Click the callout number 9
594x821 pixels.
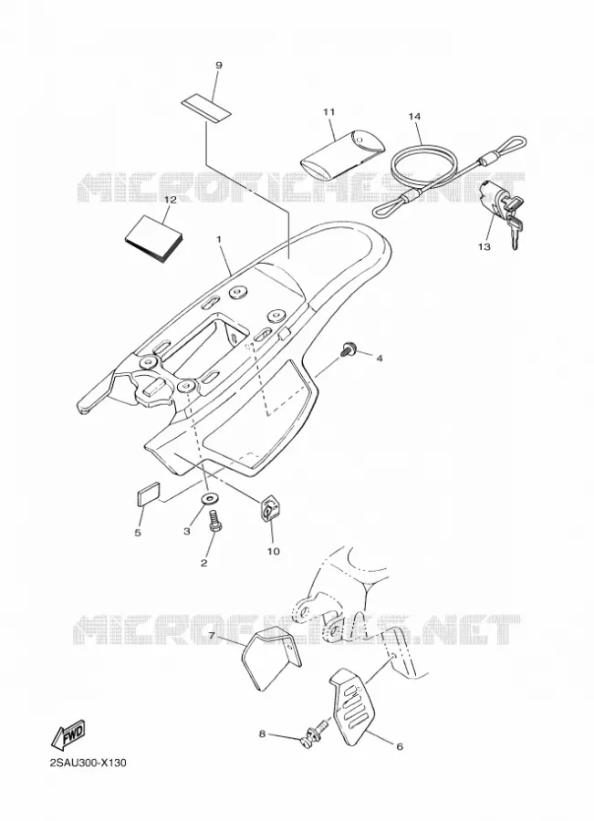tap(219, 66)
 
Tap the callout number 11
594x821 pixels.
tap(329, 111)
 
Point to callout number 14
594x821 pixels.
tap(414, 116)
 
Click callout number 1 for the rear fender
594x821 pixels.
tap(219, 239)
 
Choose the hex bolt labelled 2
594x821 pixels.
tap(214, 522)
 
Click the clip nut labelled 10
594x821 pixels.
tap(269, 507)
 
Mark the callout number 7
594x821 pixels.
tap(212, 636)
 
